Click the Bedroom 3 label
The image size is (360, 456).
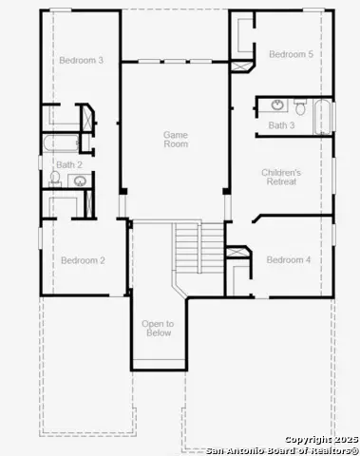coord(81,60)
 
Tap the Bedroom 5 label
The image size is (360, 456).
coord(290,54)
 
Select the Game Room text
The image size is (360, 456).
coord(176,139)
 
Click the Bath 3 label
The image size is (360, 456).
coord(281,125)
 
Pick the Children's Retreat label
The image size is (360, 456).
coord(281,177)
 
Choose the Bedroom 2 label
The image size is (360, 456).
coord(83,260)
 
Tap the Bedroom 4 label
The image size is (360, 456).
coord(288,259)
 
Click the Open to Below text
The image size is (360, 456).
coord(158,329)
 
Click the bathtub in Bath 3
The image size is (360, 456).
coord(323,117)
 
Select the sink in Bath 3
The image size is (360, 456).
coord(276,104)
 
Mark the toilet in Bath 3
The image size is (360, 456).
coord(299,105)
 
